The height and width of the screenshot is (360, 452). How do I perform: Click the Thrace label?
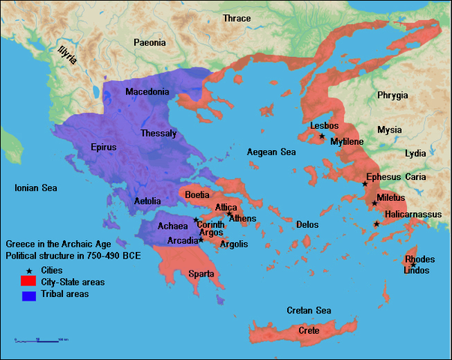click(237, 18)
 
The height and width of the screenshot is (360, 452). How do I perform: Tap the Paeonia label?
click(150, 43)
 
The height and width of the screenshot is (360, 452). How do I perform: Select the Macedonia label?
click(147, 91)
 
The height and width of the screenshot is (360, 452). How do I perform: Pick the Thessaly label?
click(158, 133)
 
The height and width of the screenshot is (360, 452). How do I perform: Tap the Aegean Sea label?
click(271, 152)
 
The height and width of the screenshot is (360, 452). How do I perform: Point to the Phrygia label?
click(393, 95)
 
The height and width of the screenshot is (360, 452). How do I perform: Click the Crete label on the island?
click(309, 331)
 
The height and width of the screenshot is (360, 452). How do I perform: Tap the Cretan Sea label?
click(309, 310)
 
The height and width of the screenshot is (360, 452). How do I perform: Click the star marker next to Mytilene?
click(322, 136)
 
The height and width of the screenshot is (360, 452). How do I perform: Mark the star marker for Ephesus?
click(365, 184)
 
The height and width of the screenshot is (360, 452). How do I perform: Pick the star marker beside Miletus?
click(374, 203)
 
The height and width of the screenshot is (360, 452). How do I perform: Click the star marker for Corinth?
click(196, 220)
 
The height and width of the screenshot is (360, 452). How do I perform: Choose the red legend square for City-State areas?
click(29, 282)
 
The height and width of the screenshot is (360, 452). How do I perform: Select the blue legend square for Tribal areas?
click(29, 295)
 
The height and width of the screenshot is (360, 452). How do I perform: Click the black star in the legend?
click(28, 270)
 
